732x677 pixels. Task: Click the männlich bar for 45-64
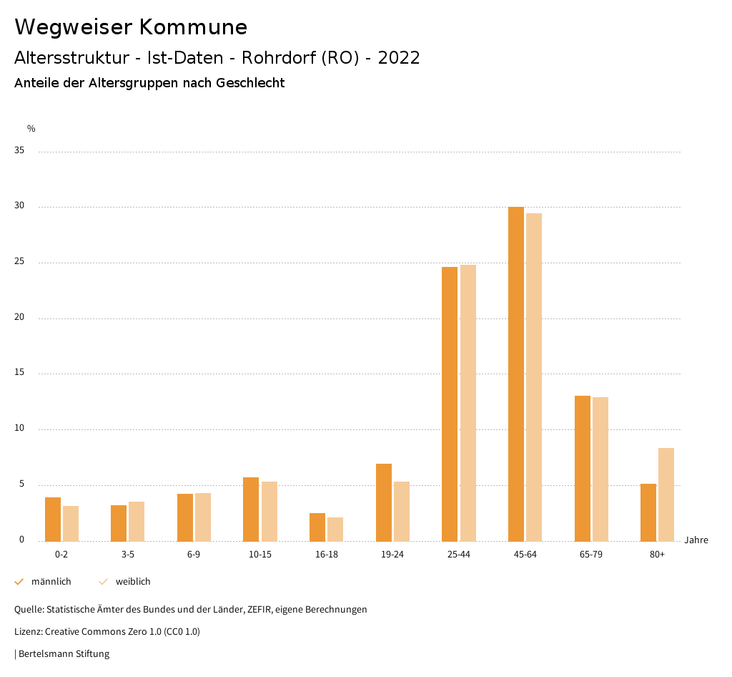pos(516,374)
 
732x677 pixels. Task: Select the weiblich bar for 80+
pos(666,494)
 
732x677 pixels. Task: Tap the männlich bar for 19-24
pos(384,502)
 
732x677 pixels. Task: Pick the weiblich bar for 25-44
pos(468,402)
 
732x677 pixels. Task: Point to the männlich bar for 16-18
pos(317,527)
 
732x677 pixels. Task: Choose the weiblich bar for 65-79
pos(600,469)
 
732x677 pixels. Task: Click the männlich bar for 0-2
pos(53,519)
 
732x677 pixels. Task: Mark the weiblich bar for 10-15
pos(269,511)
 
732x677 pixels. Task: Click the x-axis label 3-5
pos(128,555)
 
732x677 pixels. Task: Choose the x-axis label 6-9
pos(194,555)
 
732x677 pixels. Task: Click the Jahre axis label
pos(696,540)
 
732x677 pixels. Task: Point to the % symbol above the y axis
pos(31,129)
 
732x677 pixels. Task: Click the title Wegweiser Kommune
pos(131,27)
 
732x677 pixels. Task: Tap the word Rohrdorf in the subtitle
pos(278,58)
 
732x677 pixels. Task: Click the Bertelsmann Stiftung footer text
pos(64,654)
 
